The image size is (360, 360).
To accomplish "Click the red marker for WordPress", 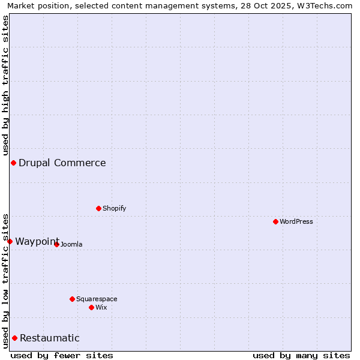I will (x=275, y=221).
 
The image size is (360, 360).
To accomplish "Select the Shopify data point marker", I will (x=98, y=208).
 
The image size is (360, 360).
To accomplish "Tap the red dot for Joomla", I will (x=56, y=244).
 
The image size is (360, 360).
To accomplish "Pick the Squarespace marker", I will (x=72, y=299).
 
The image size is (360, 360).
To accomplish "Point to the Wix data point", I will (x=91, y=307).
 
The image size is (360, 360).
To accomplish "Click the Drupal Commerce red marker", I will (x=13, y=163).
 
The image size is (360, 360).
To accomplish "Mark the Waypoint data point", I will (x=10, y=241).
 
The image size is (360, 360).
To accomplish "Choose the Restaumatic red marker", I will (x=14, y=338).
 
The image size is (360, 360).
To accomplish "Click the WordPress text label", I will (x=296, y=221).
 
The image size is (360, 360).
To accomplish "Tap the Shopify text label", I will (x=114, y=208).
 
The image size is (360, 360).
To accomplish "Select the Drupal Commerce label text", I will (x=62, y=163).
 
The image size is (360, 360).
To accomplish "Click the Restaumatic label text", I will (x=49, y=338).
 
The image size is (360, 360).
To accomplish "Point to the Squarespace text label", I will (x=97, y=299).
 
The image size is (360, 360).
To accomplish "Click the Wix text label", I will (x=101, y=307).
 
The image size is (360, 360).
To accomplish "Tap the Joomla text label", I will (x=71, y=244).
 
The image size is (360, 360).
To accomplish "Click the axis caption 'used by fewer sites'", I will (x=62, y=355).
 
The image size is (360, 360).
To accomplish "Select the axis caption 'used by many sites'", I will (x=301, y=355).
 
